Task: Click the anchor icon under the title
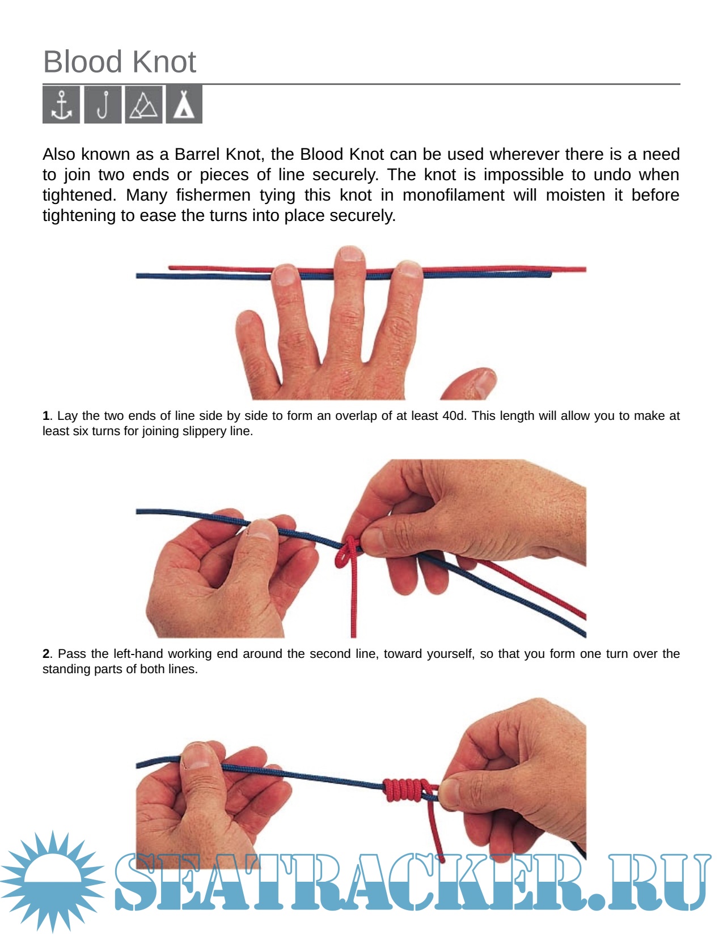[x=61, y=105]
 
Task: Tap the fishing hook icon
[x=103, y=105]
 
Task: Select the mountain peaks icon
[x=144, y=105]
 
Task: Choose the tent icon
[x=184, y=105]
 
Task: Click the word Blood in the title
[x=83, y=62]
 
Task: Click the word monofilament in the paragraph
[x=453, y=195]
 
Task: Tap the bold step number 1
[x=45, y=416]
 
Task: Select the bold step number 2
[x=46, y=653]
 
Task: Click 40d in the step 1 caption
[x=454, y=416]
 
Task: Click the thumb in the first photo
[x=470, y=384]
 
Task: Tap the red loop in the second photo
[x=345, y=555]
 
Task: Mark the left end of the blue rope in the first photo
[x=137, y=276]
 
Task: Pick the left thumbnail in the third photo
[x=196, y=755]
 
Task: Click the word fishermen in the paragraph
[x=213, y=195]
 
